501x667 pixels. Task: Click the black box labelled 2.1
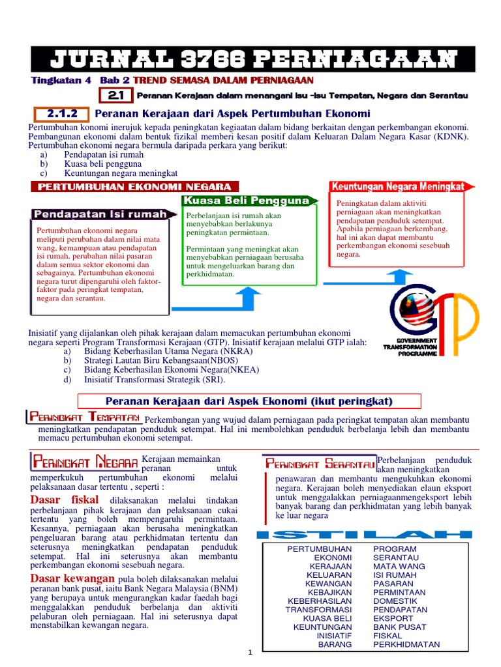pyautogui.click(x=117, y=96)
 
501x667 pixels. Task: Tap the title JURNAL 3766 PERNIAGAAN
pyautogui.click(x=253, y=59)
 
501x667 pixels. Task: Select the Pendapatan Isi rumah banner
pyautogui.click(x=103, y=214)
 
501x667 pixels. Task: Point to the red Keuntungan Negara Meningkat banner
pyautogui.click(x=398, y=186)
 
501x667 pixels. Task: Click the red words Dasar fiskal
pyautogui.click(x=65, y=500)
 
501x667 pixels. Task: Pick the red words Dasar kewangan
pyautogui.click(x=73, y=578)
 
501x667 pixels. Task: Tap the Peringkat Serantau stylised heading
pyautogui.click(x=320, y=464)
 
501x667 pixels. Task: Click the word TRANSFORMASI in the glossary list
pyautogui.click(x=318, y=610)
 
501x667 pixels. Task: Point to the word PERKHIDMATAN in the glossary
pyautogui.click(x=406, y=645)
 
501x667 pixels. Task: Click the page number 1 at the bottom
pyautogui.click(x=250, y=653)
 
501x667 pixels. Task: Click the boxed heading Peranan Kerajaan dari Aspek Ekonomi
pyautogui.click(x=249, y=400)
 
